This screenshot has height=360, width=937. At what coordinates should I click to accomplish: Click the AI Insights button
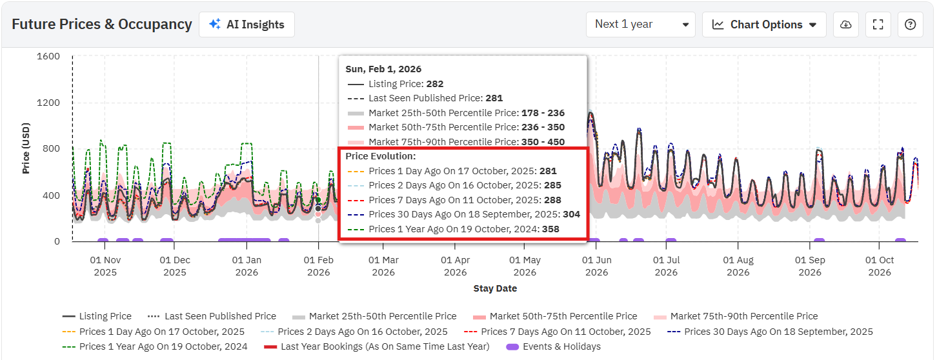tap(247, 25)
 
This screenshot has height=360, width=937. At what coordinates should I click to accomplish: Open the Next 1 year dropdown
tap(640, 25)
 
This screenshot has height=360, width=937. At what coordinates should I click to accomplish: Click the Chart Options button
tap(764, 25)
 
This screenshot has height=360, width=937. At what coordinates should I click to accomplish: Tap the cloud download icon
tap(846, 25)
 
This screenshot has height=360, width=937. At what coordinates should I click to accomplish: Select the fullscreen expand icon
tap(878, 25)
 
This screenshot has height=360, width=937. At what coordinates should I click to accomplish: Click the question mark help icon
tap(910, 25)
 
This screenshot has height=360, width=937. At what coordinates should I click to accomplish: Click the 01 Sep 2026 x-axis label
tap(810, 266)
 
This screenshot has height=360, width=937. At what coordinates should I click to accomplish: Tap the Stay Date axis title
tap(495, 288)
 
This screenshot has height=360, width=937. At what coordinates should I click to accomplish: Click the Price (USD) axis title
tap(26, 148)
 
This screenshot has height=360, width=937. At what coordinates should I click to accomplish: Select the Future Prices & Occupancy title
tap(102, 25)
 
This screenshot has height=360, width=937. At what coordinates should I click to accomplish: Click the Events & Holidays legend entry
tap(554, 346)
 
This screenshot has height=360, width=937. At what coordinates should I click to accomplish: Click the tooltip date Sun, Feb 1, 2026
tap(383, 69)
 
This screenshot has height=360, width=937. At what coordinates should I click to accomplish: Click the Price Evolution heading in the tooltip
tap(381, 156)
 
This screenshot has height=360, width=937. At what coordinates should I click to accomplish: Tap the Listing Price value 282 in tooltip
tap(435, 84)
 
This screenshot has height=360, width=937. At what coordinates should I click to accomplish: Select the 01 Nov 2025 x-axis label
tap(105, 266)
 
